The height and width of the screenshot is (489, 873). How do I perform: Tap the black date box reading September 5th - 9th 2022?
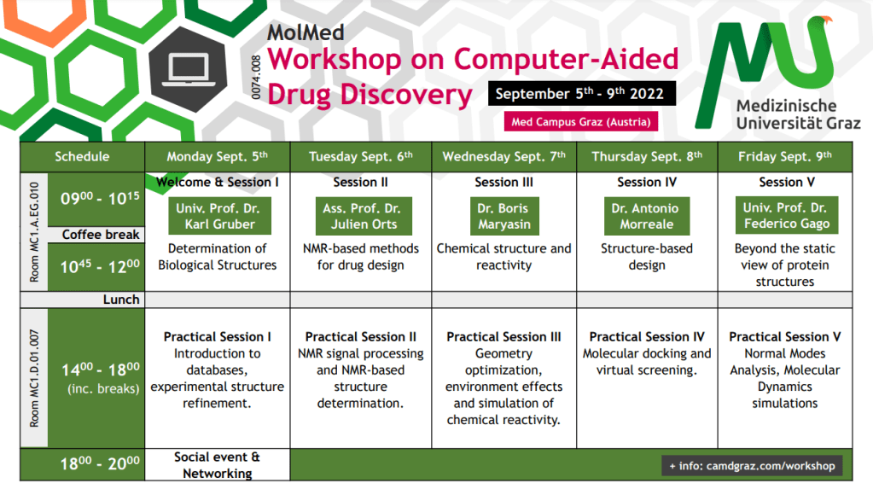tap(582, 93)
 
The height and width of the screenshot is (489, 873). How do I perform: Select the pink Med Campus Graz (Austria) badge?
tap(580, 121)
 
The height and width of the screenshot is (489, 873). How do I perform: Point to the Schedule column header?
tap(82, 156)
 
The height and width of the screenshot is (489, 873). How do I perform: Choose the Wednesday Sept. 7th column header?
tap(503, 156)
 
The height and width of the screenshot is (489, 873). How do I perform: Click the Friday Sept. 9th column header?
tap(785, 156)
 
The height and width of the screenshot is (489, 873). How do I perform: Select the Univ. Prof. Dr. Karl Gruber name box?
tap(219, 216)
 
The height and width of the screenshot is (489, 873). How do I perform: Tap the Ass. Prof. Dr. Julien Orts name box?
tap(364, 216)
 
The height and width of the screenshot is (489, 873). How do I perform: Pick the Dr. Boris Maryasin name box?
tap(503, 216)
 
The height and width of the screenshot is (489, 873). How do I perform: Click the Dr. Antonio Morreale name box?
tap(646, 216)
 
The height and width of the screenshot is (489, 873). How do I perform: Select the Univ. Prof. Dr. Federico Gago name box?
tap(787, 215)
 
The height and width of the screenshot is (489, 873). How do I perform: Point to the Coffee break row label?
tap(100, 235)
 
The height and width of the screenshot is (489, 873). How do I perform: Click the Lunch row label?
tap(121, 300)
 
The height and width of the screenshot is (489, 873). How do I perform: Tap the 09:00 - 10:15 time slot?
tap(100, 198)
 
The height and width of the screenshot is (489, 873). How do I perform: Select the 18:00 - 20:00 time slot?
tap(100, 463)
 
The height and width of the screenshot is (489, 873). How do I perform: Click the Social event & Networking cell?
tap(217, 465)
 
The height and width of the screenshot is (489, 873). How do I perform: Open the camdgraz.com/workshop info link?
tap(752, 466)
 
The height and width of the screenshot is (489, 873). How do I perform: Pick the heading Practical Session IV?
tap(647, 337)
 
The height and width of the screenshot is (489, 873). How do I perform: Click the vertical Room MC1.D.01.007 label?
tap(34, 378)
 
